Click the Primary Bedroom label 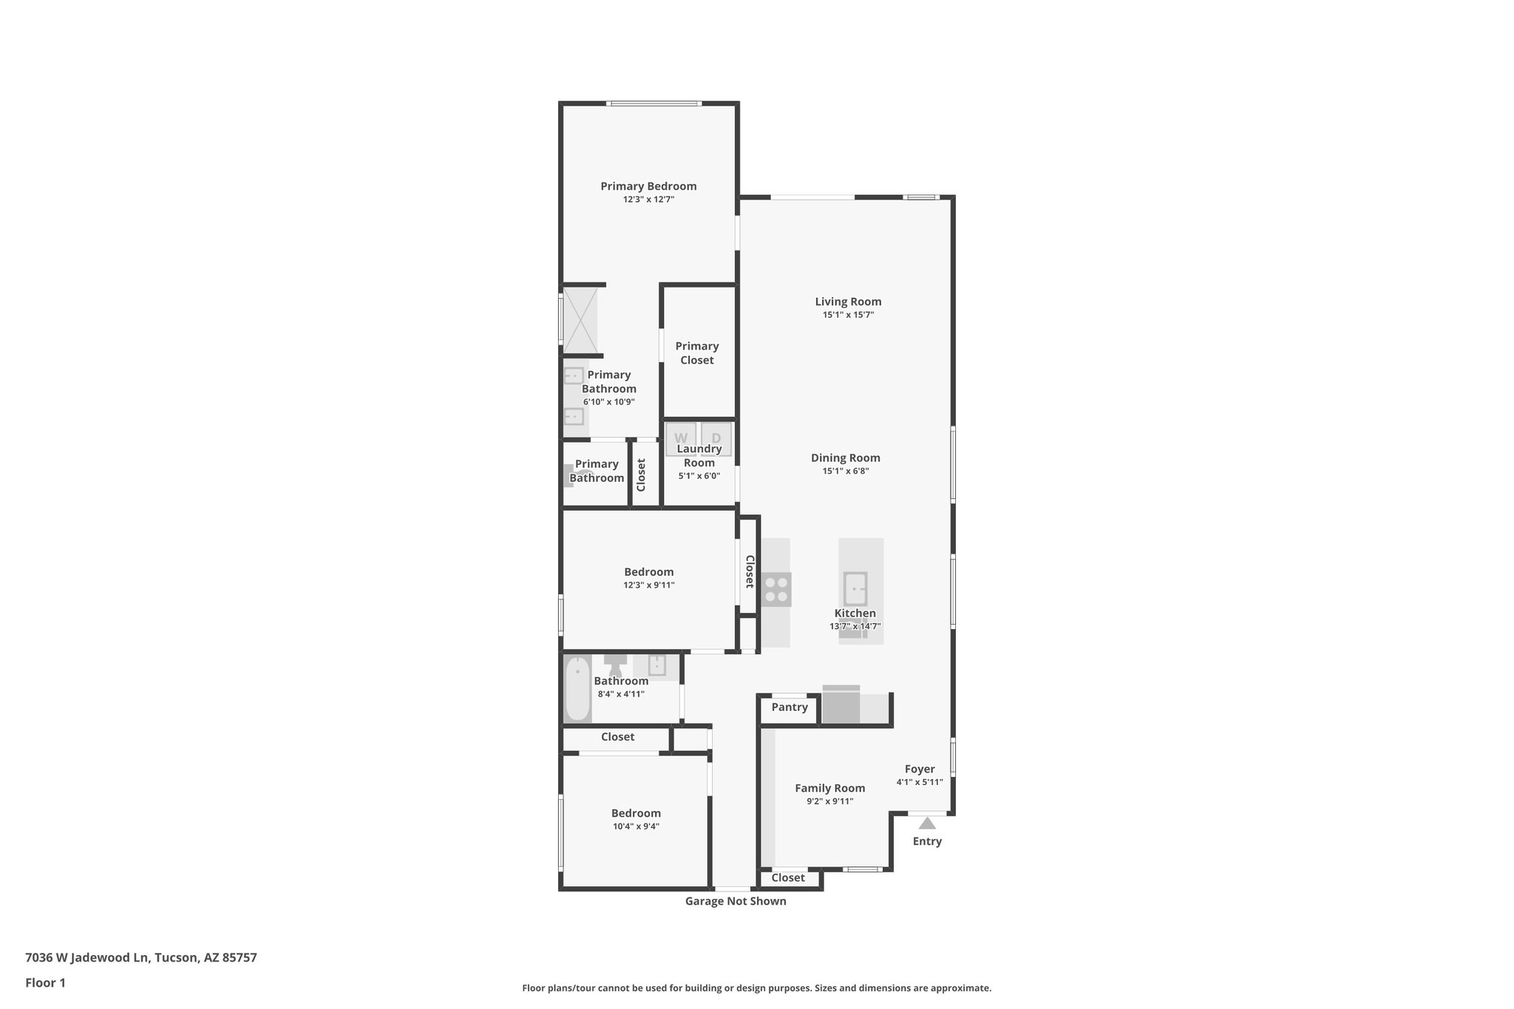click(648, 186)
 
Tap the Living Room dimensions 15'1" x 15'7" click(848, 315)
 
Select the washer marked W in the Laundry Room click(680, 438)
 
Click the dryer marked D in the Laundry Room click(716, 438)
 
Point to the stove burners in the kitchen click(776, 589)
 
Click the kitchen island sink click(855, 589)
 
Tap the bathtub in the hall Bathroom click(577, 689)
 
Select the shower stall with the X click(580, 320)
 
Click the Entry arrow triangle click(927, 823)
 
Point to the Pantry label click(790, 707)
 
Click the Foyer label click(920, 769)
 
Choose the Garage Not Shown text click(736, 901)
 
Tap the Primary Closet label click(696, 353)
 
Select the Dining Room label click(846, 458)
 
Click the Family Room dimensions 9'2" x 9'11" click(829, 801)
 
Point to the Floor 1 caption click(45, 982)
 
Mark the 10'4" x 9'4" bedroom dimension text click(636, 826)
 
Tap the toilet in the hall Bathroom click(615, 663)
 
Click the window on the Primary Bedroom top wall click(654, 103)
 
